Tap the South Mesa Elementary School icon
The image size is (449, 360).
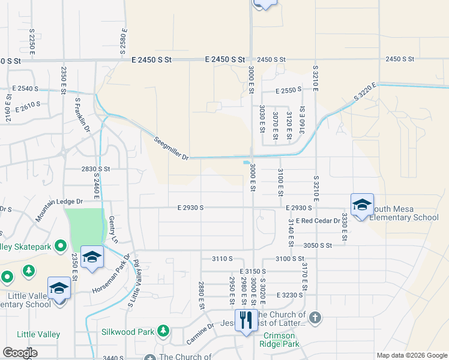362,205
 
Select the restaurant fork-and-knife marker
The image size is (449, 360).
246,320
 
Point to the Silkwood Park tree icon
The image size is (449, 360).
163,331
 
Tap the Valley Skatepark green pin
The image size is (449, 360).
60,245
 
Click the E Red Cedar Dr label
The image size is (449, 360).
318,221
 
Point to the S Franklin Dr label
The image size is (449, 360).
82,115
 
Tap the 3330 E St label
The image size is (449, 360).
345,227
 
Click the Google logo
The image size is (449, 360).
19,353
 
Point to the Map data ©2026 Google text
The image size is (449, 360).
411,355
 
